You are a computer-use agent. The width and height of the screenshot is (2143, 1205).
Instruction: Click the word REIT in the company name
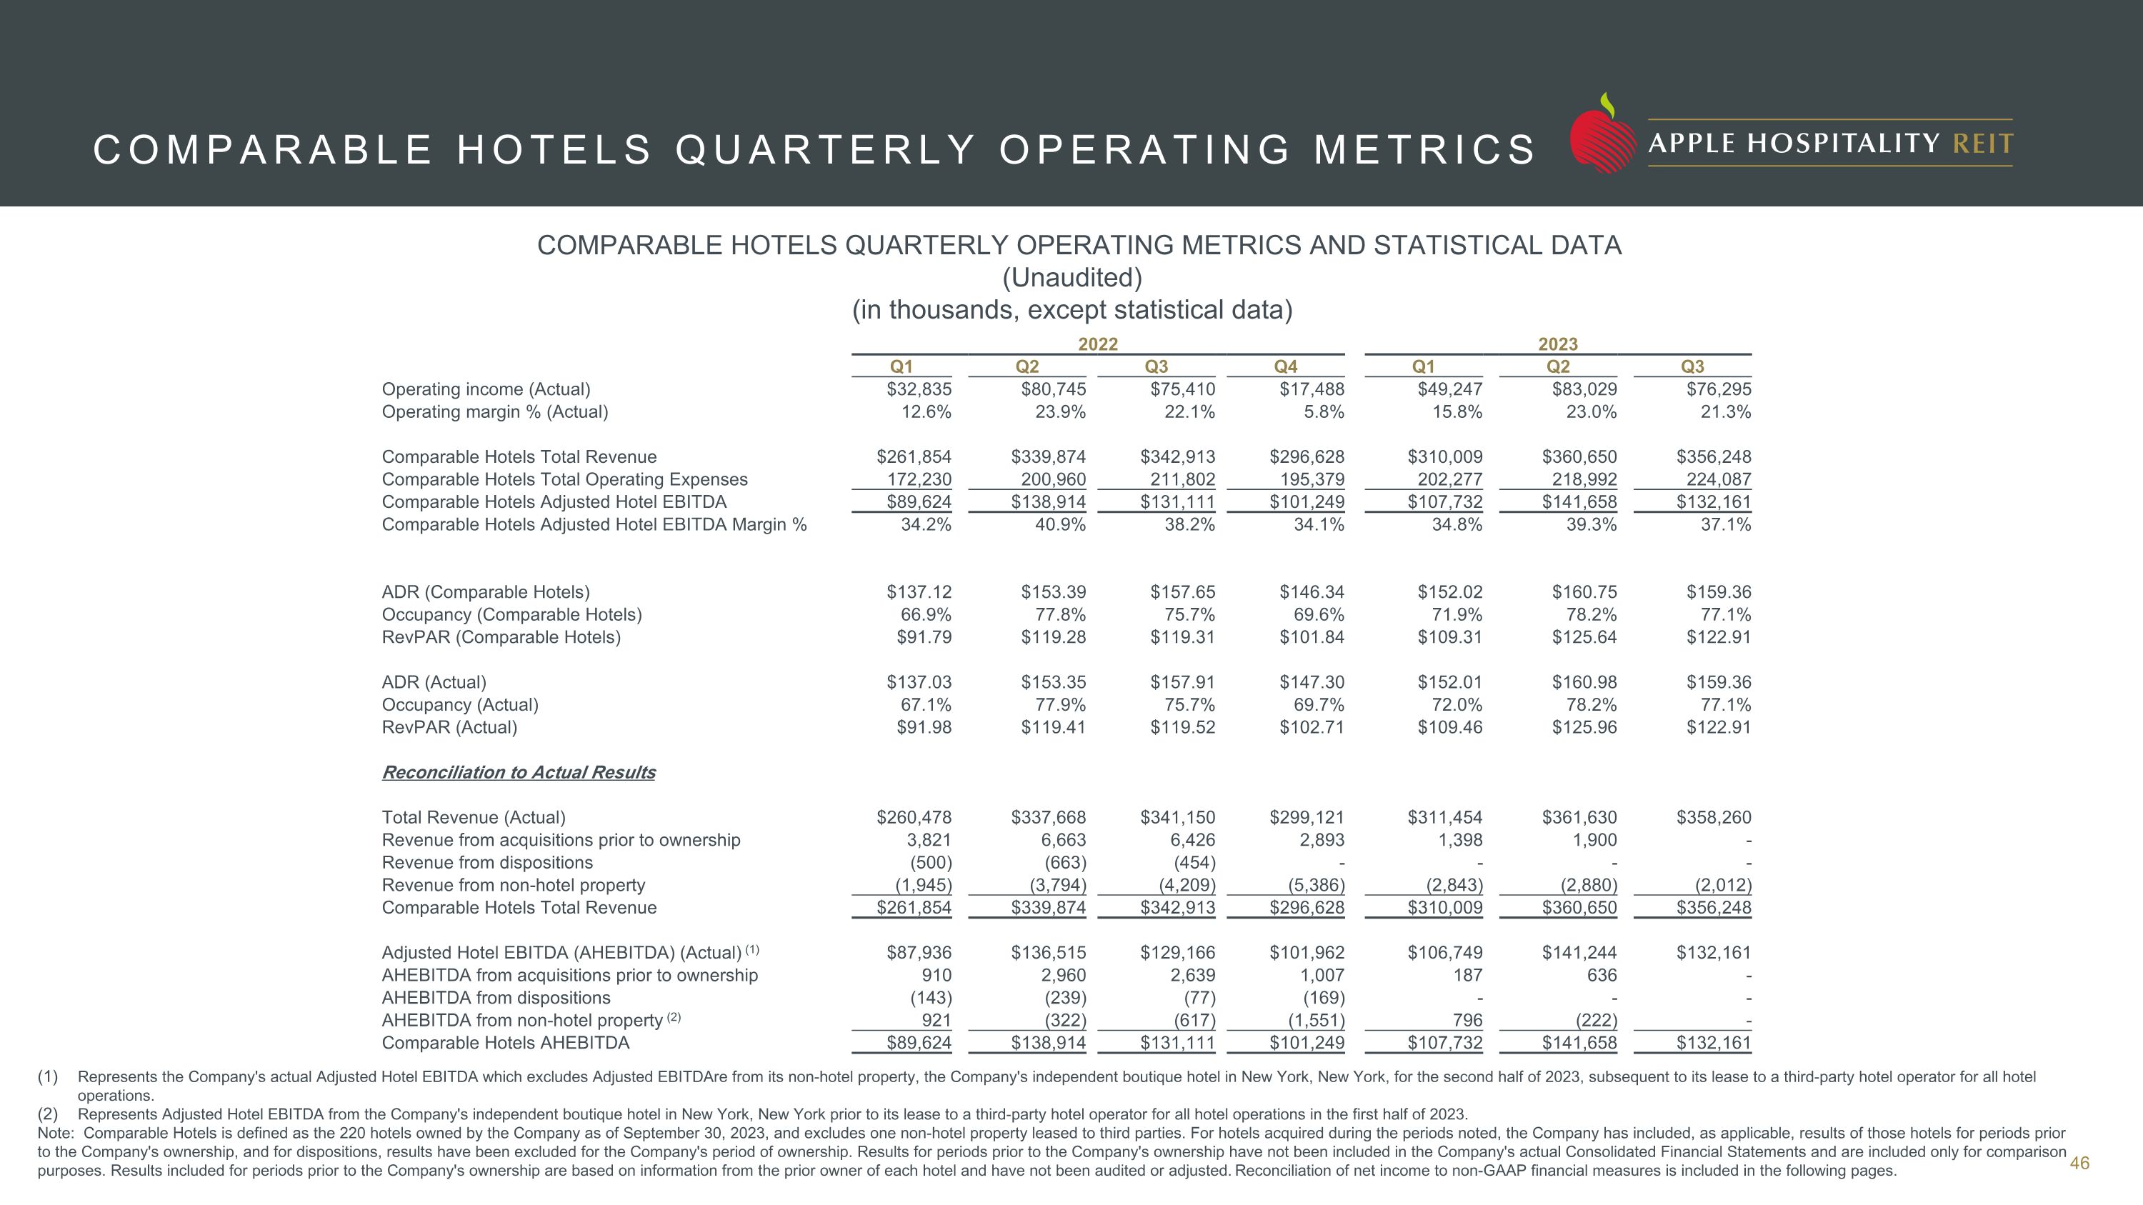coord(1982,144)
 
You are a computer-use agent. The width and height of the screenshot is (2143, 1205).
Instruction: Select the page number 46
coord(2079,1163)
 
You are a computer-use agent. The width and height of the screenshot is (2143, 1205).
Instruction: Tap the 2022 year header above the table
coord(1097,344)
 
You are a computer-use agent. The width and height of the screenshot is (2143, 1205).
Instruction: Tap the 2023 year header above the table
coord(1557,344)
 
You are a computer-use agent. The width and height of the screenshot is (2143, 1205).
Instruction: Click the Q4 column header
coord(1285,366)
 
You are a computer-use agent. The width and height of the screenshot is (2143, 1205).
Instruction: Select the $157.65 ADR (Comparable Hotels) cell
coord(1182,592)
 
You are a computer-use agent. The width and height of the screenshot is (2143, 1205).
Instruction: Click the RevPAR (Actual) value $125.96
coord(1584,727)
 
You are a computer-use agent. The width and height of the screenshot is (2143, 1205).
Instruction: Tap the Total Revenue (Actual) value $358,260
coord(1713,817)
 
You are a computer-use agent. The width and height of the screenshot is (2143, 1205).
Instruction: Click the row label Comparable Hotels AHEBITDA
coord(505,1043)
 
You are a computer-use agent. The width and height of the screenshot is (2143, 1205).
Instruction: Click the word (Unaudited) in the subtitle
coord(1071,278)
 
